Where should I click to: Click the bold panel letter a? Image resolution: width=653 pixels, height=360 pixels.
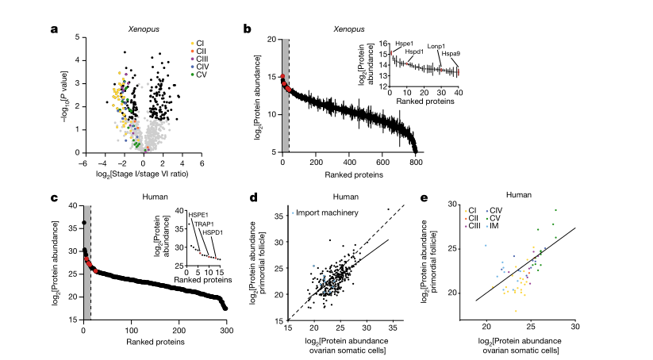(54, 30)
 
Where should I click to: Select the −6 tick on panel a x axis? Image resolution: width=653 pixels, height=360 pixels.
(82, 162)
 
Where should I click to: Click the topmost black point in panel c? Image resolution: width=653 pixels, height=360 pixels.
(84, 223)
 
